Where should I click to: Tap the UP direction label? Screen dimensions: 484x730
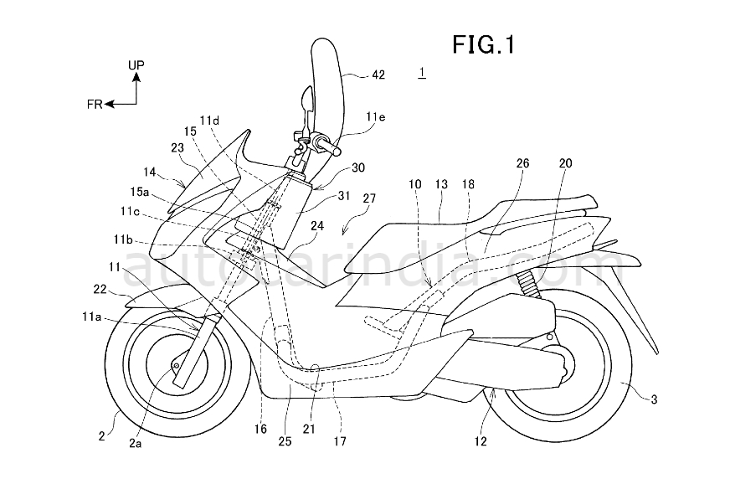pyautogui.click(x=136, y=64)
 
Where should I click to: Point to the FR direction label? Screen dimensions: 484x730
pyautogui.click(x=94, y=104)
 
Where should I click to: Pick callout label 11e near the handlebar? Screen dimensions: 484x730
pyautogui.click(x=377, y=117)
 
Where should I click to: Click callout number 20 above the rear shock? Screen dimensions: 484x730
pyautogui.click(x=566, y=164)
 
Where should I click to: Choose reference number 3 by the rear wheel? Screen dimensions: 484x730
pyautogui.click(x=654, y=401)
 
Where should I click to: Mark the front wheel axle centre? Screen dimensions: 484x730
pyautogui.click(x=177, y=365)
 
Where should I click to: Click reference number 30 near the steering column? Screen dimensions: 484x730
pyautogui.click(x=358, y=167)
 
